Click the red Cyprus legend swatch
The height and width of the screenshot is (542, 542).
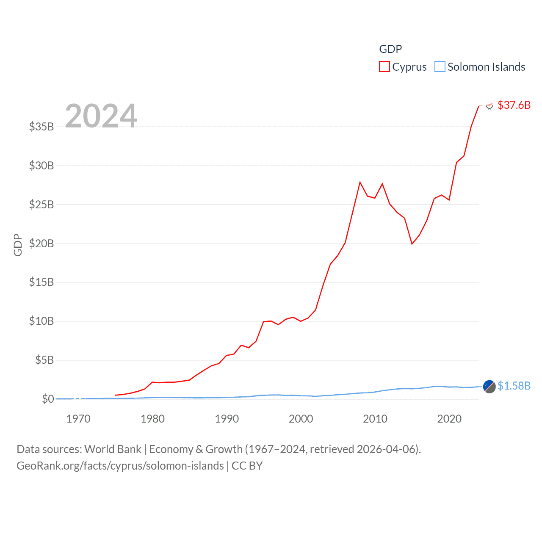point(384,67)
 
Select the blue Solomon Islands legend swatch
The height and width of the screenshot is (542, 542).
point(440,67)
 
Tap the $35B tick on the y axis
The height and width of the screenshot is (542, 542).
point(41,127)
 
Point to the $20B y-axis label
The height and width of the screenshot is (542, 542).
point(41,243)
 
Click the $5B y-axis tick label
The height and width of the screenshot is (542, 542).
point(44,360)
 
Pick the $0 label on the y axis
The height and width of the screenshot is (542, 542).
point(48,399)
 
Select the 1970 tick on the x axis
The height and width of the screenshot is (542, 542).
point(78,419)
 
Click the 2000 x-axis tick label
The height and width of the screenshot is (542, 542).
point(301,419)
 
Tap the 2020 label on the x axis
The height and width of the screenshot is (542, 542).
point(449,419)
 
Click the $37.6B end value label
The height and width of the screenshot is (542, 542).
point(514,105)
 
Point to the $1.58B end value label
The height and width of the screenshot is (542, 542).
point(514,386)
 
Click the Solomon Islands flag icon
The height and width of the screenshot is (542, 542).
point(489,386)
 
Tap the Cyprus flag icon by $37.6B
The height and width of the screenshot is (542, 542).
point(489,105)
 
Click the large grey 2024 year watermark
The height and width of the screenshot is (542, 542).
point(101,116)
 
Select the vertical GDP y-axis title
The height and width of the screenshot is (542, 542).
point(18,245)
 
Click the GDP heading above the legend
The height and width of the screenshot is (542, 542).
point(390,49)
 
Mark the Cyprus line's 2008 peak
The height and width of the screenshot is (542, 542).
point(360,182)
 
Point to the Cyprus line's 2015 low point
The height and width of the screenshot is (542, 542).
point(412,244)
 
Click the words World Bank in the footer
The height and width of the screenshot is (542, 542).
point(113,449)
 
